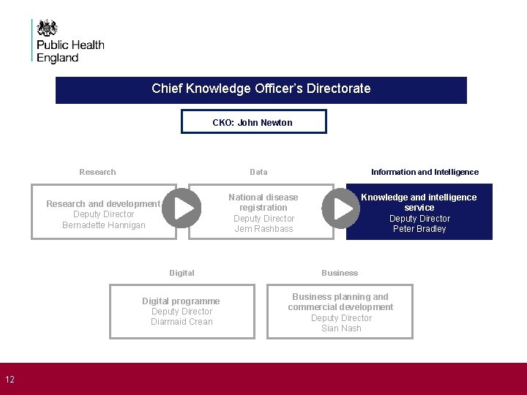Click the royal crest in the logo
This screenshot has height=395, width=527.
point(48,28)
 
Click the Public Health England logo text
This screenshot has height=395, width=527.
point(70,51)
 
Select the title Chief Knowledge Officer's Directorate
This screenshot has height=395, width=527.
point(261,89)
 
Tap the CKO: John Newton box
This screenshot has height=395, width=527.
point(253,122)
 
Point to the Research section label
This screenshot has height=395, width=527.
point(97,172)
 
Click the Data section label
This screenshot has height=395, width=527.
point(258,172)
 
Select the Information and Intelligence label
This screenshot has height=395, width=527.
point(425,172)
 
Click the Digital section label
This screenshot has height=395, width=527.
point(182,273)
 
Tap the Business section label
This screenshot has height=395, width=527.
point(340,273)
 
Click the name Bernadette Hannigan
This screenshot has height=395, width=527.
point(104,225)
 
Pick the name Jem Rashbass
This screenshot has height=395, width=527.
point(263,229)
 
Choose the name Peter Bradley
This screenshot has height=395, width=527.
point(419,229)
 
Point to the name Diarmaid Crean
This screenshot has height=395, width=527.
point(182,322)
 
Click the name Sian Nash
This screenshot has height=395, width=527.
point(341,328)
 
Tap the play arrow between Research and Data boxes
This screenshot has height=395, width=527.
point(182,208)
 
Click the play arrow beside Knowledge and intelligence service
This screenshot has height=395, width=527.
point(341,208)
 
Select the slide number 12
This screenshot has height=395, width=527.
point(10,379)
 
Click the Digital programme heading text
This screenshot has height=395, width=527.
point(181,301)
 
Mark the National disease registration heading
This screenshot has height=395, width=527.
point(263,203)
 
